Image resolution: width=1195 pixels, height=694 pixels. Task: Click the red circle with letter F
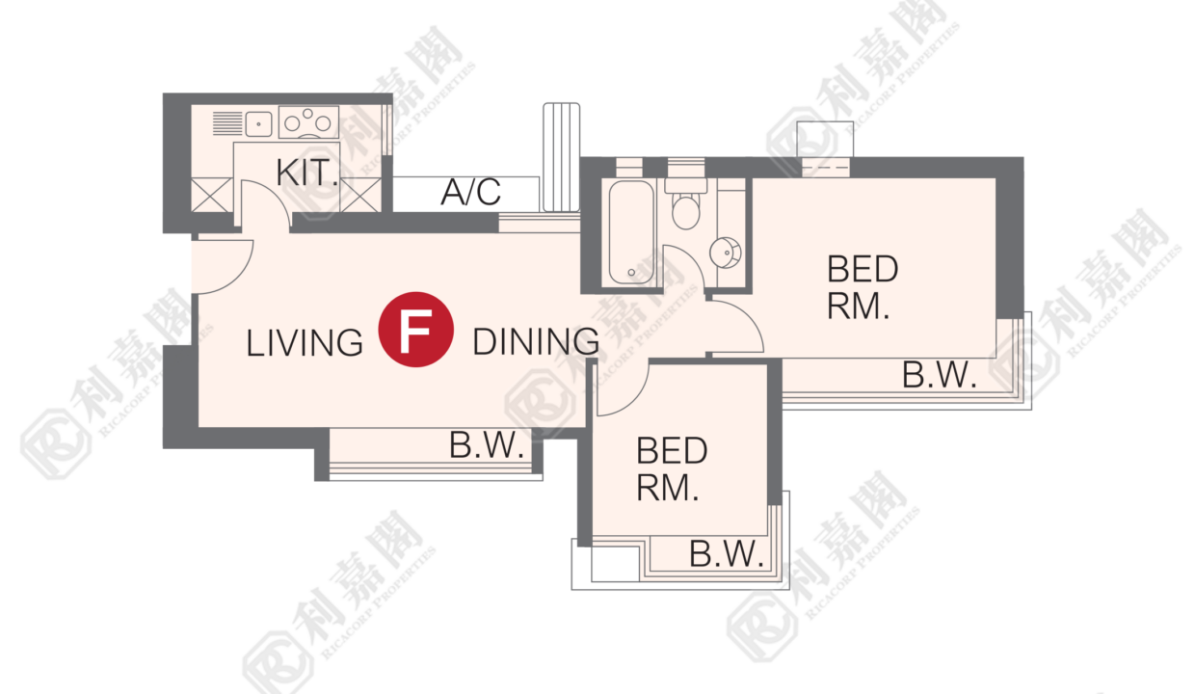[x=415, y=329]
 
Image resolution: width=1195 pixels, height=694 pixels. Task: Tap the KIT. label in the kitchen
[x=307, y=173]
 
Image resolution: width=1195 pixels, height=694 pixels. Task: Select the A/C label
[x=470, y=192]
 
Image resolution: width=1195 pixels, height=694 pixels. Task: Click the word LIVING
[x=305, y=342]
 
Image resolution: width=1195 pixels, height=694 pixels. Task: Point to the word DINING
[x=536, y=341]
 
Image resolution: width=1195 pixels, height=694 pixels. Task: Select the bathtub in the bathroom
[x=631, y=232]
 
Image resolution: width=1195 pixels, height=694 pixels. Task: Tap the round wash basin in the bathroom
[x=726, y=253]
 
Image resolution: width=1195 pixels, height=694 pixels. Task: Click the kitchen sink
[x=258, y=123]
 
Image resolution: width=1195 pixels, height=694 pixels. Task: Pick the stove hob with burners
[x=308, y=122]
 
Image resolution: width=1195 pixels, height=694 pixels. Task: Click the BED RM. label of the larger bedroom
[x=863, y=287]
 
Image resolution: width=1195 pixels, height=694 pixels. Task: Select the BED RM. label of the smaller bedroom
[x=672, y=468]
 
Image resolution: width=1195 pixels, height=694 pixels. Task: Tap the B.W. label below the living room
[x=487, y=445]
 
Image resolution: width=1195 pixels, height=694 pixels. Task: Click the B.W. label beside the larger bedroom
[x=939, y=375]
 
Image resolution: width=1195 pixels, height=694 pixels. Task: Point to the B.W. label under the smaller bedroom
[x=727, y=553]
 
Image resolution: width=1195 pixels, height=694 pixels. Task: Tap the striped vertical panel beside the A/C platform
[x=561, y=157]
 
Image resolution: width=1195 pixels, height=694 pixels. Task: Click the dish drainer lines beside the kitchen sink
[x=227, y=123]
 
